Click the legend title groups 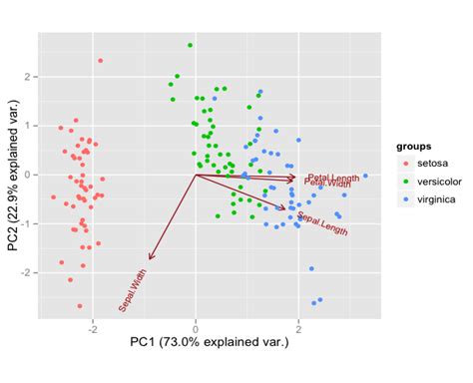click(413, 146)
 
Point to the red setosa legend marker click(405, 163)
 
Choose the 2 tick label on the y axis click(30, 77)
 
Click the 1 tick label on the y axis click(30, 126)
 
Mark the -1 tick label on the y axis click(28, 223)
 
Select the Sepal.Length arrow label click(322, 223)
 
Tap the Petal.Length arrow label click(331, 177)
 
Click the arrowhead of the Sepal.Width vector click(150, 258)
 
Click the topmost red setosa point click(101, 61)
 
